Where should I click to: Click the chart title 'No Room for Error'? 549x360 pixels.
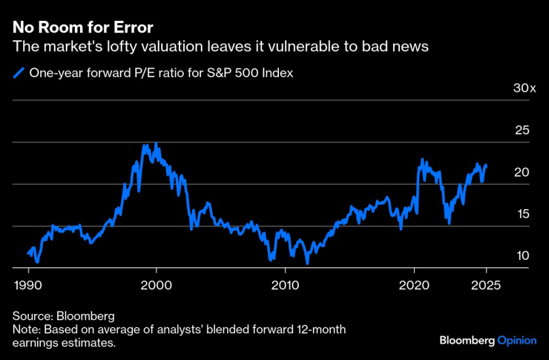(x=82, y=28)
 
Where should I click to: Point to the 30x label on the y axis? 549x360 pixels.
(x=524, y=88)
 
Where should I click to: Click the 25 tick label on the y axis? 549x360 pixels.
(x=522, y=131)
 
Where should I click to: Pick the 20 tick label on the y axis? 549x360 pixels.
(x=522, y=172)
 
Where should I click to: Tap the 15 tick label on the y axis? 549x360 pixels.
(x=522, y=215)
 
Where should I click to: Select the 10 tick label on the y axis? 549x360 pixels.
(x=522, y=256)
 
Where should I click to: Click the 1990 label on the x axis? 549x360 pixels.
(x=28, y=284)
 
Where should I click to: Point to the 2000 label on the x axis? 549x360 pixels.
(x=157, y=284)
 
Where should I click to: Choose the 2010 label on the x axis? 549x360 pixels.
(x=285, y=284)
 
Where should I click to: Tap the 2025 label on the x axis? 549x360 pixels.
(x=486, y=284)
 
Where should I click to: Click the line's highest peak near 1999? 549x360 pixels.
(x=146, y=145)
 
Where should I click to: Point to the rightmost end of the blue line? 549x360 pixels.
(x=487, y=165)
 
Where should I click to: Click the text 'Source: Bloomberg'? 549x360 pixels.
(x=63, y=315)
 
